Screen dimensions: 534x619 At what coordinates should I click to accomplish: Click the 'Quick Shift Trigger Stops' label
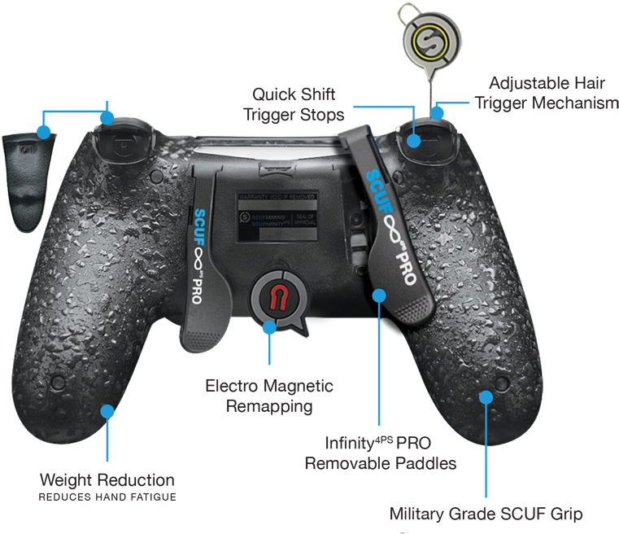coord(294,105)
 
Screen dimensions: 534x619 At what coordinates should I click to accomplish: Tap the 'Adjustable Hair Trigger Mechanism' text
coord(542,93)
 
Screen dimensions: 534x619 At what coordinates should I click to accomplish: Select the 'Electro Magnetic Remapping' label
coord(269,395)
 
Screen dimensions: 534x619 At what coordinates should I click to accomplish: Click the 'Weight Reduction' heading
coord(107,479)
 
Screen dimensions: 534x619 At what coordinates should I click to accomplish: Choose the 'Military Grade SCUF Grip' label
coord(486,514)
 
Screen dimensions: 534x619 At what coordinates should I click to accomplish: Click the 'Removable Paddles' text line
coord(380,463)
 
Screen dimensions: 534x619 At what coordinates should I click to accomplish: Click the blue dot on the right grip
coord(486,396)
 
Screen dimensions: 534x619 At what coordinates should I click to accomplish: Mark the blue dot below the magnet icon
coord(269,327)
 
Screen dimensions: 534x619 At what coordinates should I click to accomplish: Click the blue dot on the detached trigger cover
coord(43,130)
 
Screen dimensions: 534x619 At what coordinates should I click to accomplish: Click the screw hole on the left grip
coord(58,381)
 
